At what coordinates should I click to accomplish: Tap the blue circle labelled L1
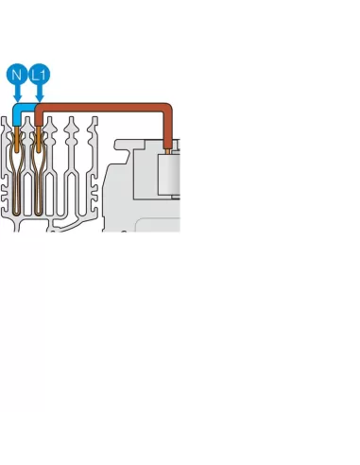(40, 74)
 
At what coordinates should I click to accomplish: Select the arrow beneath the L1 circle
(40, 93)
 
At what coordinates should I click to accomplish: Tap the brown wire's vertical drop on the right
(168, 128)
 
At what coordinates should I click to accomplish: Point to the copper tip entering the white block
(168, 147)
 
